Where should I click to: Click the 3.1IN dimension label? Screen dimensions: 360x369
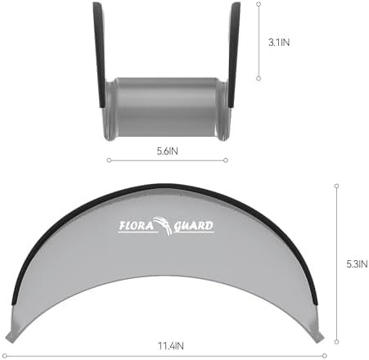pos(278,41)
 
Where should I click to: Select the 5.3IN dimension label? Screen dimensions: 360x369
pos(357,263)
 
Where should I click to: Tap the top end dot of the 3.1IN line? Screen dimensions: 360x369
pos(259,3)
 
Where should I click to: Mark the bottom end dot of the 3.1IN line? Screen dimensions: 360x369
pos(259,79)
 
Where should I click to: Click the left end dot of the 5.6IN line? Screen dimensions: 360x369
pos(107,160)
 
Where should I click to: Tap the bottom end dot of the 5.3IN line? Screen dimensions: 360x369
pos(337,340)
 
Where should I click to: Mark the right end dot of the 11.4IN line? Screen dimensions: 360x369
pos(325,355)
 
